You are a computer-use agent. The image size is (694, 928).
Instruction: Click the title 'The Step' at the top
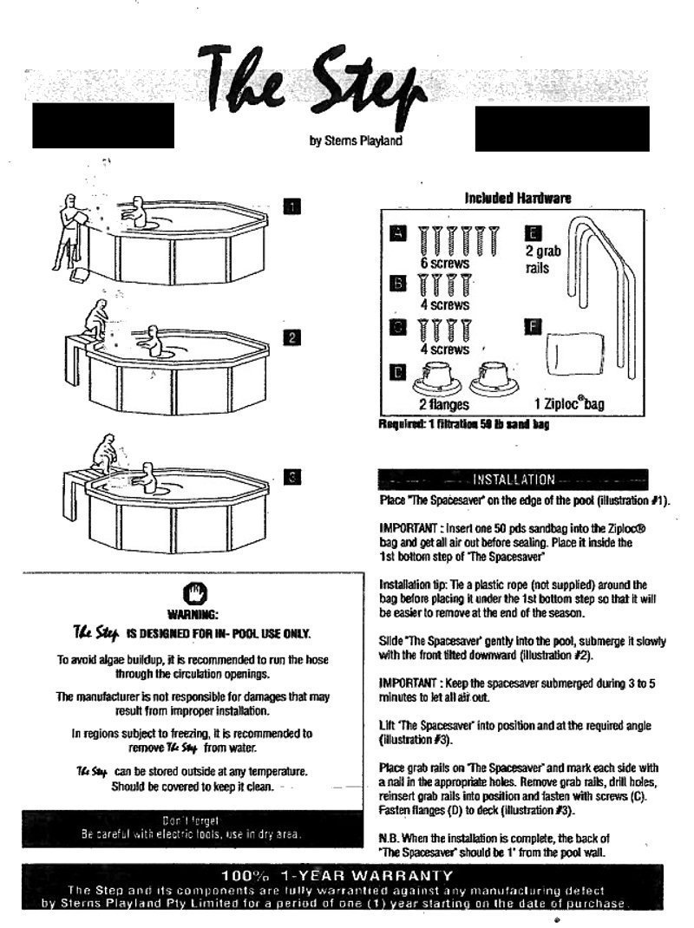312,82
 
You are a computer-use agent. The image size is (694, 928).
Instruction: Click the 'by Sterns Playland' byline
356,142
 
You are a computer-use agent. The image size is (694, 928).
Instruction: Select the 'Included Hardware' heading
518,199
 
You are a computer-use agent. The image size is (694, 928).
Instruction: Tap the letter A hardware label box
397,233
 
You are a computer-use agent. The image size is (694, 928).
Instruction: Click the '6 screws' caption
444,263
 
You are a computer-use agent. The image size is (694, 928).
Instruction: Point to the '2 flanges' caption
444,404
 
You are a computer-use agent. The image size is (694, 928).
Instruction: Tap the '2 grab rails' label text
544,259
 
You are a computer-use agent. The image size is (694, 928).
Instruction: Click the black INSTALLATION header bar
514,480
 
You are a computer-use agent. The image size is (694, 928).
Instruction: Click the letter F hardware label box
534,327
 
